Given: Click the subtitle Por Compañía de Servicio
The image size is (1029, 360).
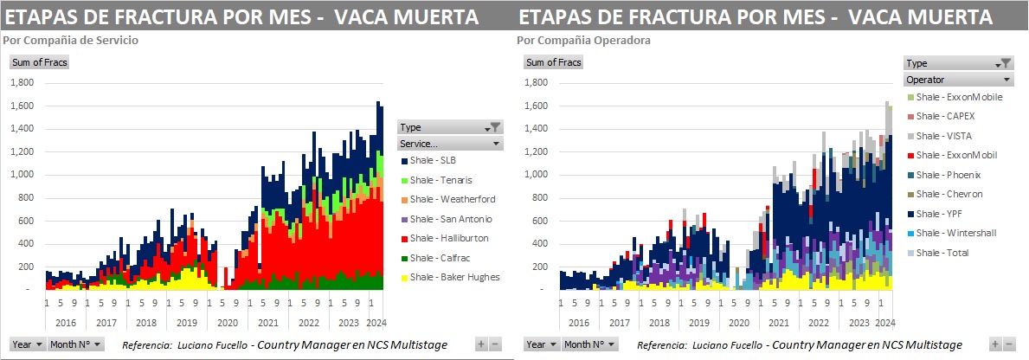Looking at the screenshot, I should click(72, 41).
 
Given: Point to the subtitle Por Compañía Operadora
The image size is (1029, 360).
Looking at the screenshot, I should click(583, 41).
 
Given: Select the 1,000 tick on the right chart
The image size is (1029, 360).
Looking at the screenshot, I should click(536, 174).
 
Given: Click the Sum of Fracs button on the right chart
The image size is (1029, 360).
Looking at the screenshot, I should click(554, 62).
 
